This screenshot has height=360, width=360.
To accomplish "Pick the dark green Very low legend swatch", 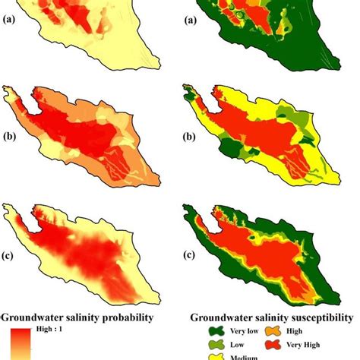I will (216, 330).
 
